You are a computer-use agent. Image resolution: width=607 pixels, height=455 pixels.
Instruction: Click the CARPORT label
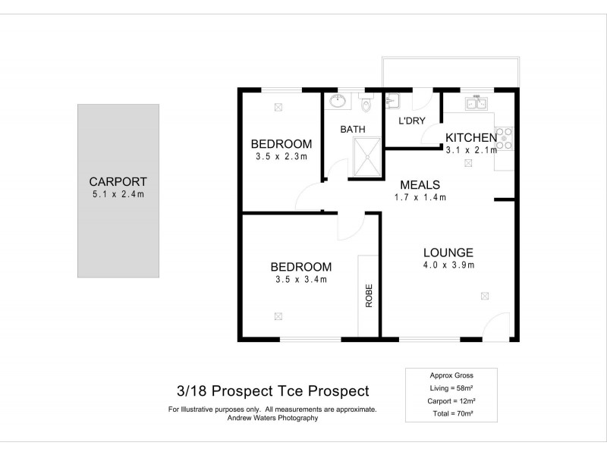118,181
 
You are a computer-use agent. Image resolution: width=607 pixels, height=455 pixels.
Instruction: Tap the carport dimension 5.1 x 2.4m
118,194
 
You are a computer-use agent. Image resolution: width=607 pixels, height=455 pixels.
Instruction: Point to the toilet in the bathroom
367,102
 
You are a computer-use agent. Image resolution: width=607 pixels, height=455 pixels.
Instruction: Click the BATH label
353,130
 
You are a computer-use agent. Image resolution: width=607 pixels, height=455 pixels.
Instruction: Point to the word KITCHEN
470,137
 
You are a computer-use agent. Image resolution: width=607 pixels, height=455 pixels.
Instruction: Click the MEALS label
420,184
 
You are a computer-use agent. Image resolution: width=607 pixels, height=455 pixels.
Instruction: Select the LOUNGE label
448,253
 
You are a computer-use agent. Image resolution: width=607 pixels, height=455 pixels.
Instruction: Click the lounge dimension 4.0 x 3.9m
448,265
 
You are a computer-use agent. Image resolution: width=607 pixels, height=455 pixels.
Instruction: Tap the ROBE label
370,293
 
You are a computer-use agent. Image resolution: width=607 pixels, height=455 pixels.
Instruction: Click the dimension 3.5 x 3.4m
301,279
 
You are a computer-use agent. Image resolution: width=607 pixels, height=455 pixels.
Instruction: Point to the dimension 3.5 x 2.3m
281,157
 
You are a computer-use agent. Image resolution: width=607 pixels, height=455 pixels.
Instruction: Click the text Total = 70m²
451,413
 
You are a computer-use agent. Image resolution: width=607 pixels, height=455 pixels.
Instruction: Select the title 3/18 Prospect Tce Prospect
272,391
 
